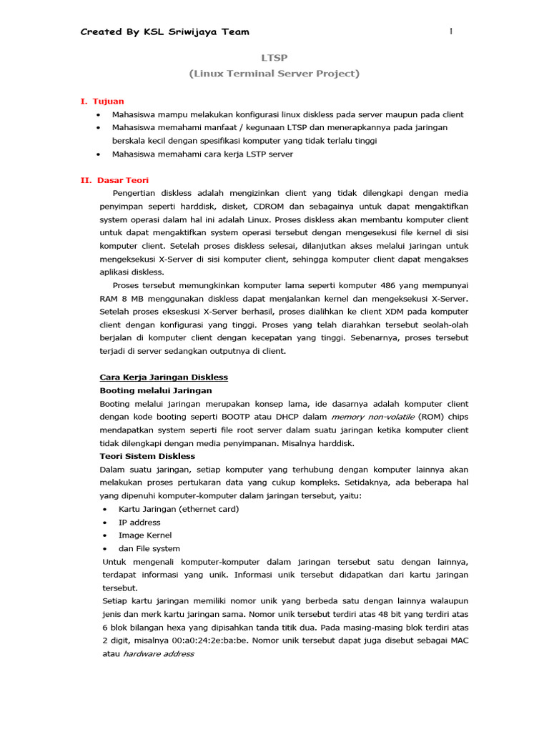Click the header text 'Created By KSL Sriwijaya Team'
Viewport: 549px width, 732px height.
164,32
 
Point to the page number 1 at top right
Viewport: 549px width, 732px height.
451,31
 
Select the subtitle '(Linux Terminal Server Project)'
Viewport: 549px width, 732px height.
274,74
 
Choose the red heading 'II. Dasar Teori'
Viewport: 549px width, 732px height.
114,180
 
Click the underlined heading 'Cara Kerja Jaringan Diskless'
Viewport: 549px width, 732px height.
163,377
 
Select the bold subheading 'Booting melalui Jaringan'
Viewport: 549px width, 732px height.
155,390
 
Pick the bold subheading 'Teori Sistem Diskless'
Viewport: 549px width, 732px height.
147,456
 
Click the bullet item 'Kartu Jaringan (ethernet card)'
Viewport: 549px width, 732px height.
179,509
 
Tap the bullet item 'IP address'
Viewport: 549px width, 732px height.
139,523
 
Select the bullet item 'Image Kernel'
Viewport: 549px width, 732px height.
145,535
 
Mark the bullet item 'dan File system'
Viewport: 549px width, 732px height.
149,549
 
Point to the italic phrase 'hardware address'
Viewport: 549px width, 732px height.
159,653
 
